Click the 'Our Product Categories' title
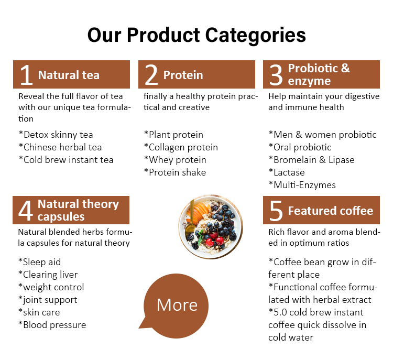click(x=196, y=35)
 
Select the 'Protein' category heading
click(x=183, y=75)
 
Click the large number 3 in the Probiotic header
click(x=276, y=75)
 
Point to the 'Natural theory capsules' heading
click(x=78, y=210)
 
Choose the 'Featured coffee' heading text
click(x=330, y=211)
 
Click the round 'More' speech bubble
click(x=177, y=305)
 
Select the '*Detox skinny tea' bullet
click(x=56, y=135)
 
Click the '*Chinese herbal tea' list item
click(x=60, y=147)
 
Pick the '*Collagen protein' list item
click(x=180, y=147)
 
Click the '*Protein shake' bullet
click(x=174, y=172)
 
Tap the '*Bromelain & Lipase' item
click(x=311, y=160)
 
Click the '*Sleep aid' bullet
click(x=39, y=262)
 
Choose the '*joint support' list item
click(x=48, y=300)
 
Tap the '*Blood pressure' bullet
click(x=52, y=325)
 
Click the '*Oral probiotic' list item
click(x=300, y=147)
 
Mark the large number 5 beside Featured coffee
click(x=276, y=211)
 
